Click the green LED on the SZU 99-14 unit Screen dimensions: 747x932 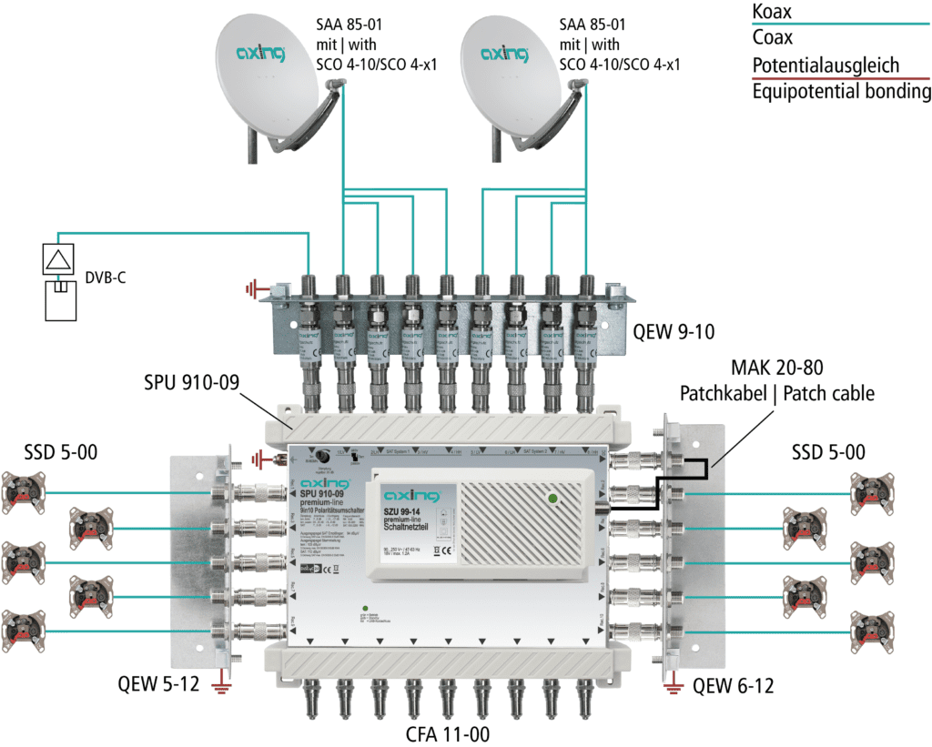click(x=552, y=498)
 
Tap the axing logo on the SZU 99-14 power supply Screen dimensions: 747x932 click(x=411, y=496)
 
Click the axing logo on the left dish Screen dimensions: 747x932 click(x=260, y=54)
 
